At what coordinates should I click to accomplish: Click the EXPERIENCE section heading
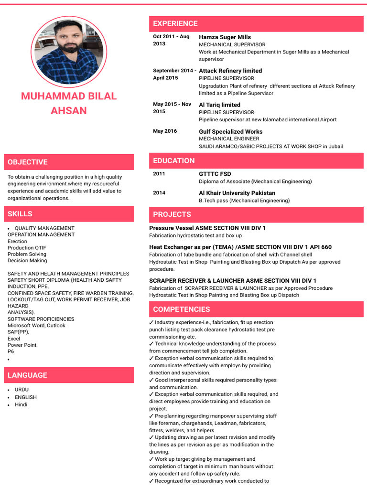pos(175,23)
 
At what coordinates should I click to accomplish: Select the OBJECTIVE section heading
pos(27,162)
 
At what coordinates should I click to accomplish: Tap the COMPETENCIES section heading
pos(181,309)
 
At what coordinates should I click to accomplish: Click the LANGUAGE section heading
pos(27,375)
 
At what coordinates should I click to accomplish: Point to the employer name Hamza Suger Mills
pos(225,37)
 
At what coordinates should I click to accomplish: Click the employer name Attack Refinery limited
pos(230,71)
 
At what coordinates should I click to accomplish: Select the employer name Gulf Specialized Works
pos(230,131)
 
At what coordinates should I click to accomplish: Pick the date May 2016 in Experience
pos(165,131)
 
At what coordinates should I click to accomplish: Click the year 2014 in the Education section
pos(159,193)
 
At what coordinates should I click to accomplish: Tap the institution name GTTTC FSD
pos(215,174)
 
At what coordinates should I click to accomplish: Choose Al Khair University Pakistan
pos(237,193)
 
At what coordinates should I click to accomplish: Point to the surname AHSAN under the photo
pos(69,110)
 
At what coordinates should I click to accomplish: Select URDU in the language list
pos(22,390)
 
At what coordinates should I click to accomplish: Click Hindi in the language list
pos(21,404)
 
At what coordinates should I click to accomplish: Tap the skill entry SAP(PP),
pos(18,332)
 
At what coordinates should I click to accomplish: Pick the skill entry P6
pos(11,351)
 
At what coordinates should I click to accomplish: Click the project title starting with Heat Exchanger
pos(240,247)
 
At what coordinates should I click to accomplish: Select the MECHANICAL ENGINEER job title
pos(229,138)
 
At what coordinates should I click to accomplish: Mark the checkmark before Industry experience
pos(151,322)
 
